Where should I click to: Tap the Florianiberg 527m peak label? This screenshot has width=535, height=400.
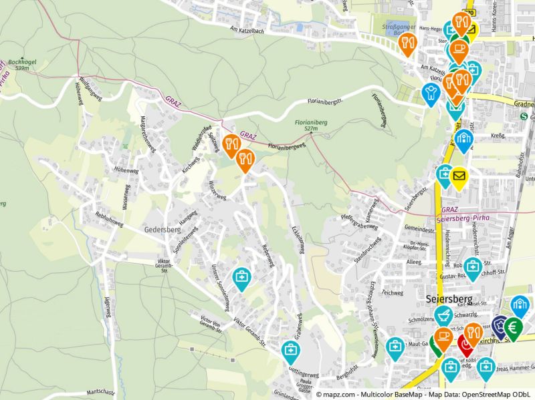pos(311,126)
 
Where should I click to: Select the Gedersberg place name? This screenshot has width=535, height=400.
pos(162,229)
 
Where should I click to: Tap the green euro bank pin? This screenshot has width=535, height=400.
pos(514,328)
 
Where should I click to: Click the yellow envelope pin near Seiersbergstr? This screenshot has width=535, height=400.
pos(459,176)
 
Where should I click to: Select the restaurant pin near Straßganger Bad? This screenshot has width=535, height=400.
pos(407,42)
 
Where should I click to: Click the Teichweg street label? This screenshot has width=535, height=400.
pos(392,292)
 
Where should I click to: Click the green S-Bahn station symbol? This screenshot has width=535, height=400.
pos(524,116)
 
